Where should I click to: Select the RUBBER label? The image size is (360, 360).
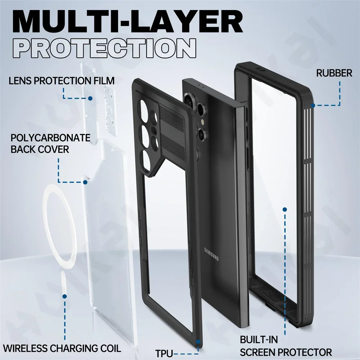334,73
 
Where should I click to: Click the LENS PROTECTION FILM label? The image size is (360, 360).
62,80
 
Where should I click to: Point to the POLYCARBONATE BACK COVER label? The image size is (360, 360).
50,143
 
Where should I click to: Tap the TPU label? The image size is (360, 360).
164,352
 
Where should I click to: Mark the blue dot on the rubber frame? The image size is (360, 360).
314,105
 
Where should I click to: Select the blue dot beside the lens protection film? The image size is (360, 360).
90,98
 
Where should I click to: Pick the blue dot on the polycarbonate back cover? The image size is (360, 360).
85,182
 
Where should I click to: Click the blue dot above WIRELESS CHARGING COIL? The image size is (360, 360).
65,297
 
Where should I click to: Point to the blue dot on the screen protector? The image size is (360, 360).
285,209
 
